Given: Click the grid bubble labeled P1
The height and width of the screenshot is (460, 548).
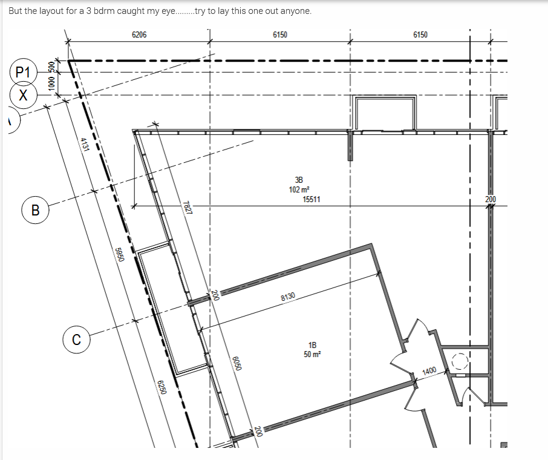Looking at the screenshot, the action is [23, 72].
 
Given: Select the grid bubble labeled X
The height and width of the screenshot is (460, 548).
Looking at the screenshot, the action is [23, 95].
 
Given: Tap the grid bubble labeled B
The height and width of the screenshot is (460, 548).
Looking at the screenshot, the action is [35, 210].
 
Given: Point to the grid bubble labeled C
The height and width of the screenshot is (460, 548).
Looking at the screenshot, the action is [77, 340].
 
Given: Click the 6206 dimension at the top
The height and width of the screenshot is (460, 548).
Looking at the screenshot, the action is [139, 34].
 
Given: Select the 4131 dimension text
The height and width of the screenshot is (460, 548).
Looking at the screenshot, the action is [85, 145].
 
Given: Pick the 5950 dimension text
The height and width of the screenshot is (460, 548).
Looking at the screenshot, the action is [120, 255].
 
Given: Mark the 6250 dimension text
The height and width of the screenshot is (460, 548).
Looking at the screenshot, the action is [161, 387].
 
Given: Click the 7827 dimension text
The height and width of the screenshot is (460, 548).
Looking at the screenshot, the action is [188, 208].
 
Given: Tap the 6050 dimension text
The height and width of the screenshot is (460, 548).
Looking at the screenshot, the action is [237, 363].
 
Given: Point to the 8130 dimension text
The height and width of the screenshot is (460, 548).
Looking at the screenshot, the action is [288, 297].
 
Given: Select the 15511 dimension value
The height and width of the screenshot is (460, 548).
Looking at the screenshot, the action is [312, 199].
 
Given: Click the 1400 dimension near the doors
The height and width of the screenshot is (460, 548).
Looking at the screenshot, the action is [429, 371].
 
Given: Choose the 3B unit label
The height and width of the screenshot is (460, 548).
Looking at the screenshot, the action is [299, 180].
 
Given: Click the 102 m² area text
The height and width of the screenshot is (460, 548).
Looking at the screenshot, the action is [299, 189].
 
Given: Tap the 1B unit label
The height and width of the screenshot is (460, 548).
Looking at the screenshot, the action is [313, 345].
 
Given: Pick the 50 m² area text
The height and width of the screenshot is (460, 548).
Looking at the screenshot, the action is [313, 354].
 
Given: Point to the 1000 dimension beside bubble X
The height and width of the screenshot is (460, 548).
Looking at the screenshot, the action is [51, 84].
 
